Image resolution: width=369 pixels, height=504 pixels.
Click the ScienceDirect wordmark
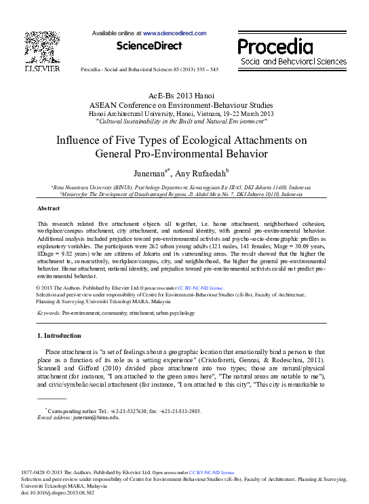pyautogui.click(x=149, y=46)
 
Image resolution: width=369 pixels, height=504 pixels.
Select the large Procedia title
pyautogui.click(x=275, y=46)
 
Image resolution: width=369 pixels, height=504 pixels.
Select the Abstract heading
pyautogui.click(x=48, y=208)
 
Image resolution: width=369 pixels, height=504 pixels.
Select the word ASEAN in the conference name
pyautogui.click(x=104, y=105)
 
